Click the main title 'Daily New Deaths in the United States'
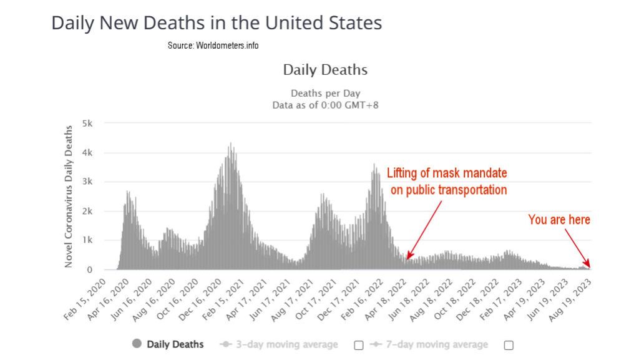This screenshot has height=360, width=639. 216,23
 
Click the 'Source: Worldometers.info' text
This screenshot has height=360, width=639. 213,46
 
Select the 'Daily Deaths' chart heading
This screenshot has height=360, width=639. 325,70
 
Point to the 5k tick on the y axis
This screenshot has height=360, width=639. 89,124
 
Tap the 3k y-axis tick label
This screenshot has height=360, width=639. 89,182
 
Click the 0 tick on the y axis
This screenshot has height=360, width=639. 90,270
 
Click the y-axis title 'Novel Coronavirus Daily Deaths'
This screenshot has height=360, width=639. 69,197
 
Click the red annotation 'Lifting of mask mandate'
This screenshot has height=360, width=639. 447,173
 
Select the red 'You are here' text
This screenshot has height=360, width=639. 559,220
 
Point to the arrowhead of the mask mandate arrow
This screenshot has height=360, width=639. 407,258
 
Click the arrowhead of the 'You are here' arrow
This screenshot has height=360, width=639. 588,266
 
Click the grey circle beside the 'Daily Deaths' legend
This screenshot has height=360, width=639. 136,344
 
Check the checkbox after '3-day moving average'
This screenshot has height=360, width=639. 358,345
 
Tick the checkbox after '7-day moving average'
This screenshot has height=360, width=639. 509,345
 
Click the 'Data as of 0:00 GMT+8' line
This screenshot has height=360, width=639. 325,105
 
